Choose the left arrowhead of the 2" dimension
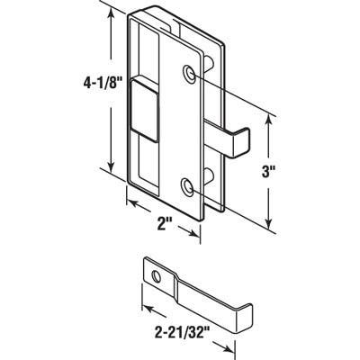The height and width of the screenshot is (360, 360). click(127, 202)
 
